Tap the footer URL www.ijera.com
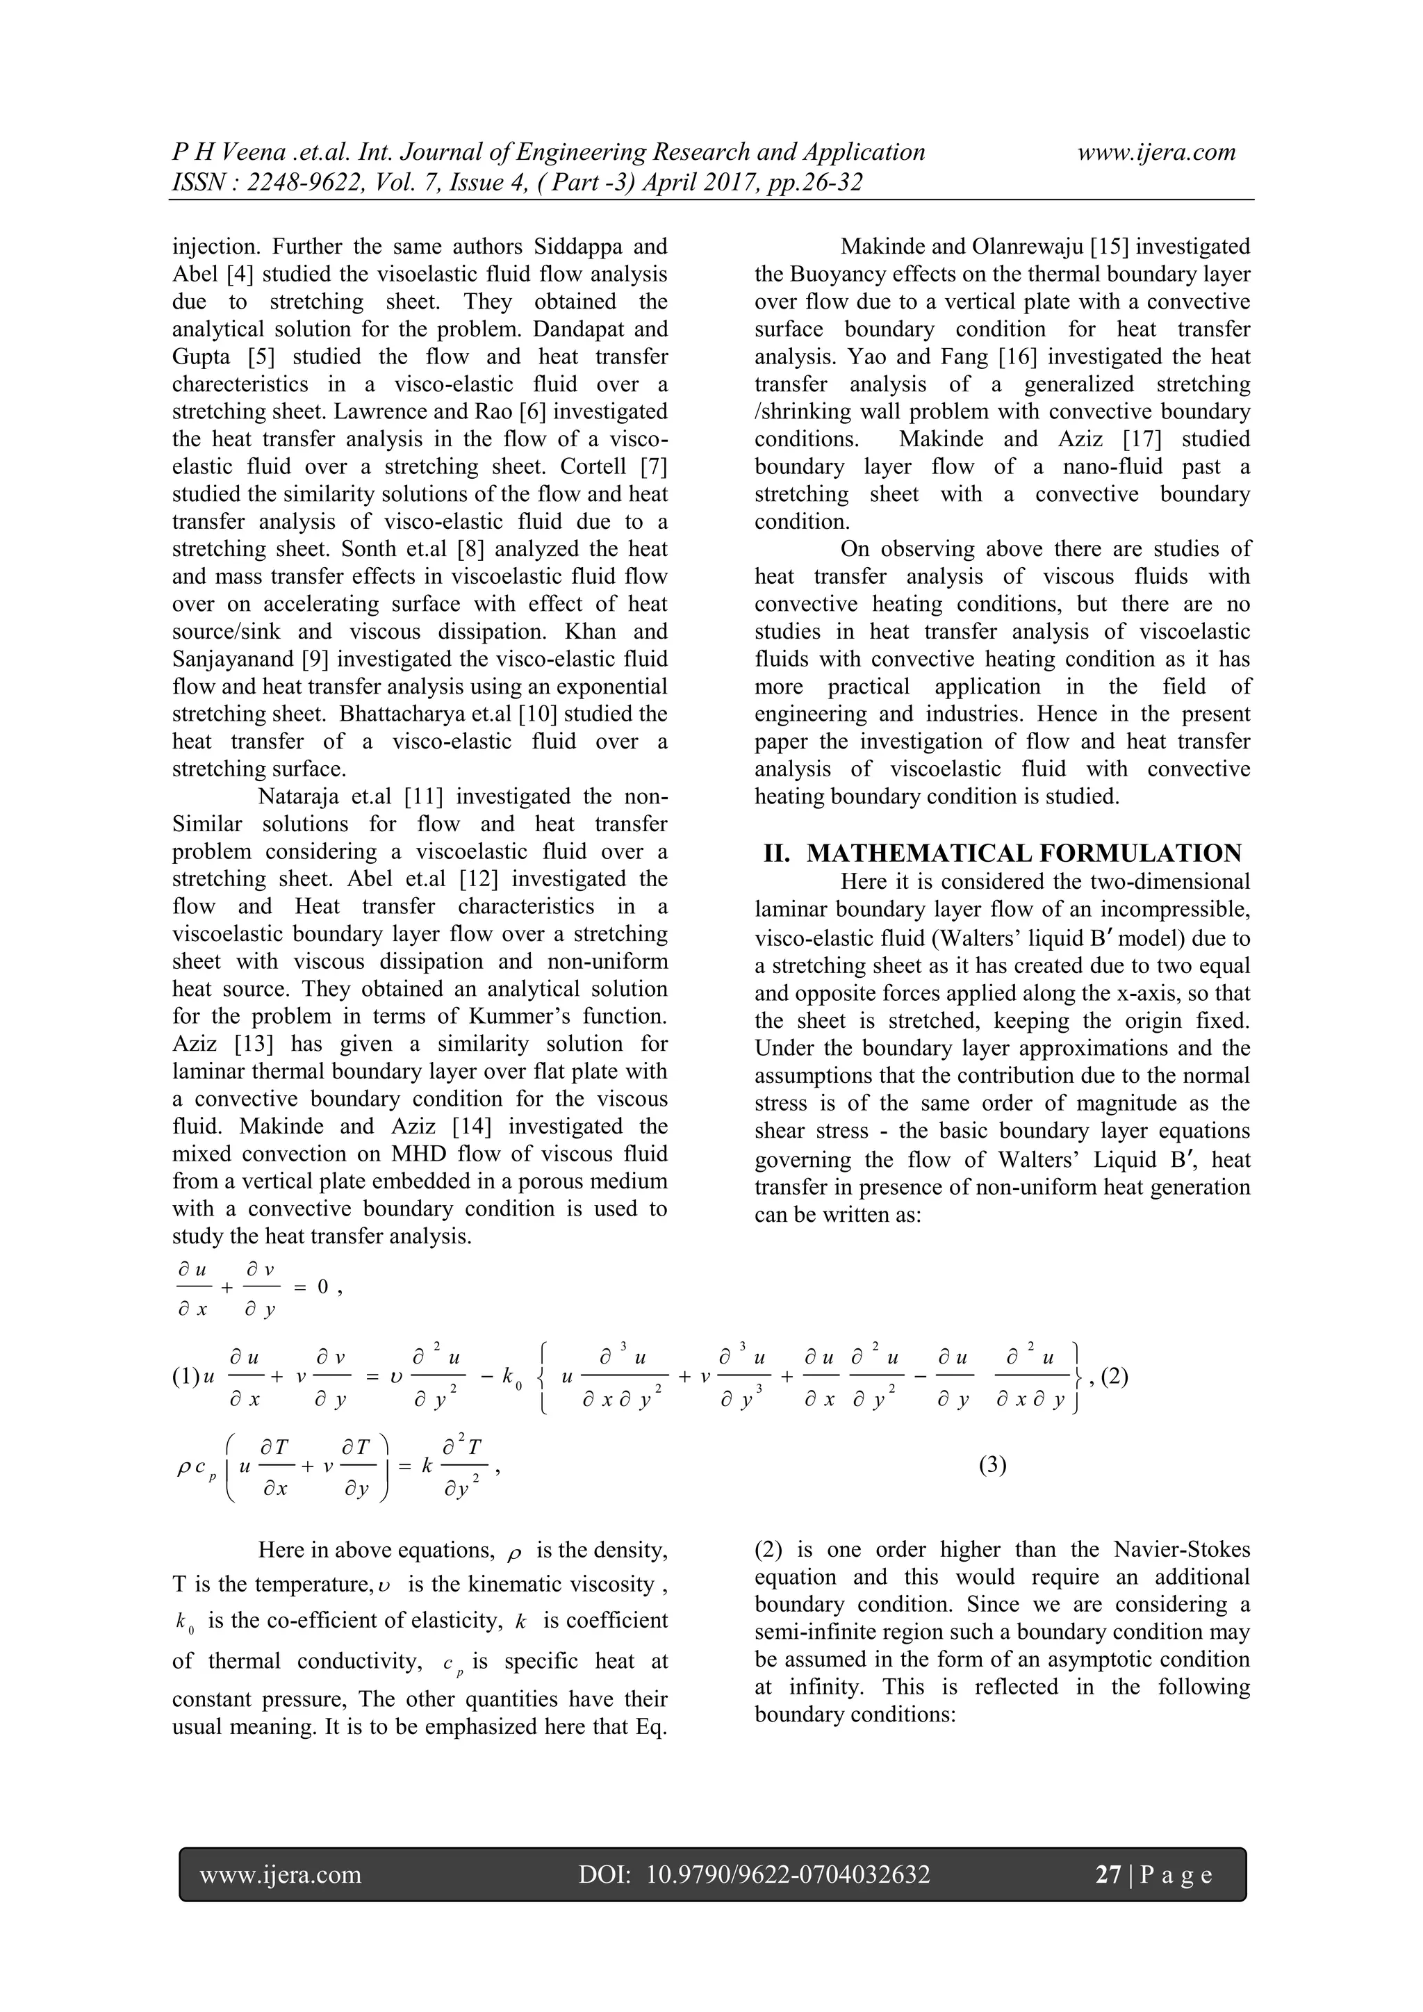tap(281, 1874)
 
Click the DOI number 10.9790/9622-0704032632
tap(788, 1874)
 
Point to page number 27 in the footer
tap(1108, 1874)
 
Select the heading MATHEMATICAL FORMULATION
tap(1023, 853)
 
